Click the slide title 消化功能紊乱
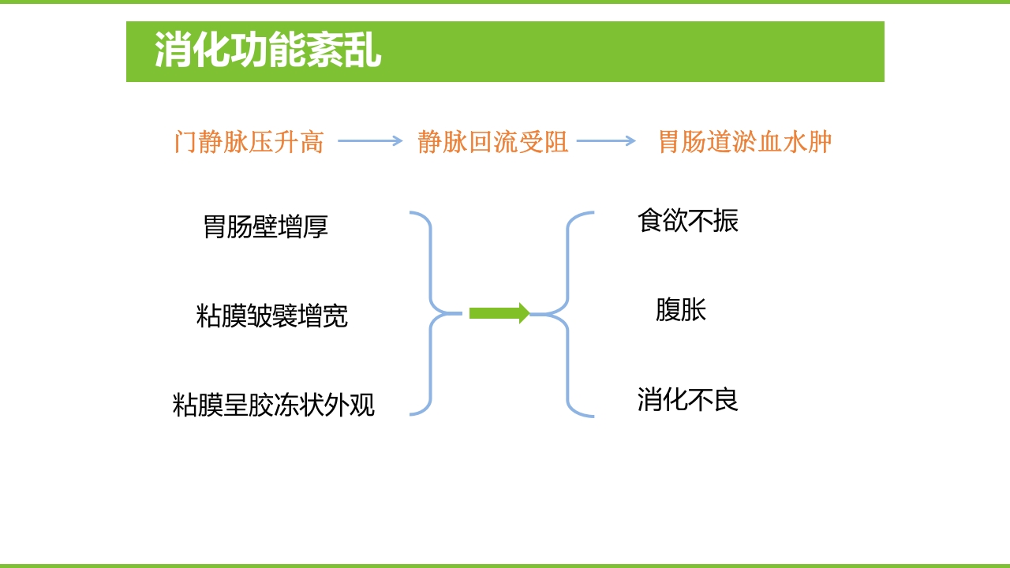click(267, 51)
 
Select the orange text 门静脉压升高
click(249, 142)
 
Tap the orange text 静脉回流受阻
click(492, 142)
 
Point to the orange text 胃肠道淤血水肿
click(745, 142)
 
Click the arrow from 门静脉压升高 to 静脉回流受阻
click(370, 141)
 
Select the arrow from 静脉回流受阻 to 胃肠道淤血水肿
click(606, 141)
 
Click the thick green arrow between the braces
click(499, 313)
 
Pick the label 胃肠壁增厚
click(265, 227)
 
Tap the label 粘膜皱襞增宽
click(271, 316)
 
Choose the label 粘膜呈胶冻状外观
click(273, 405)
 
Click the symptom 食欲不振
click(687, 221)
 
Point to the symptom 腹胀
click(680, 309)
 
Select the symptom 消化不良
click(687, 399)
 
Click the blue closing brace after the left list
click(431, 313)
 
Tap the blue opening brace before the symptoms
click(567, 313)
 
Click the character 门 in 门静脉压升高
click(185, 142)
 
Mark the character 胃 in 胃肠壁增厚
click(215, 227)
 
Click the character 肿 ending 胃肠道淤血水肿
click(820, 142)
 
